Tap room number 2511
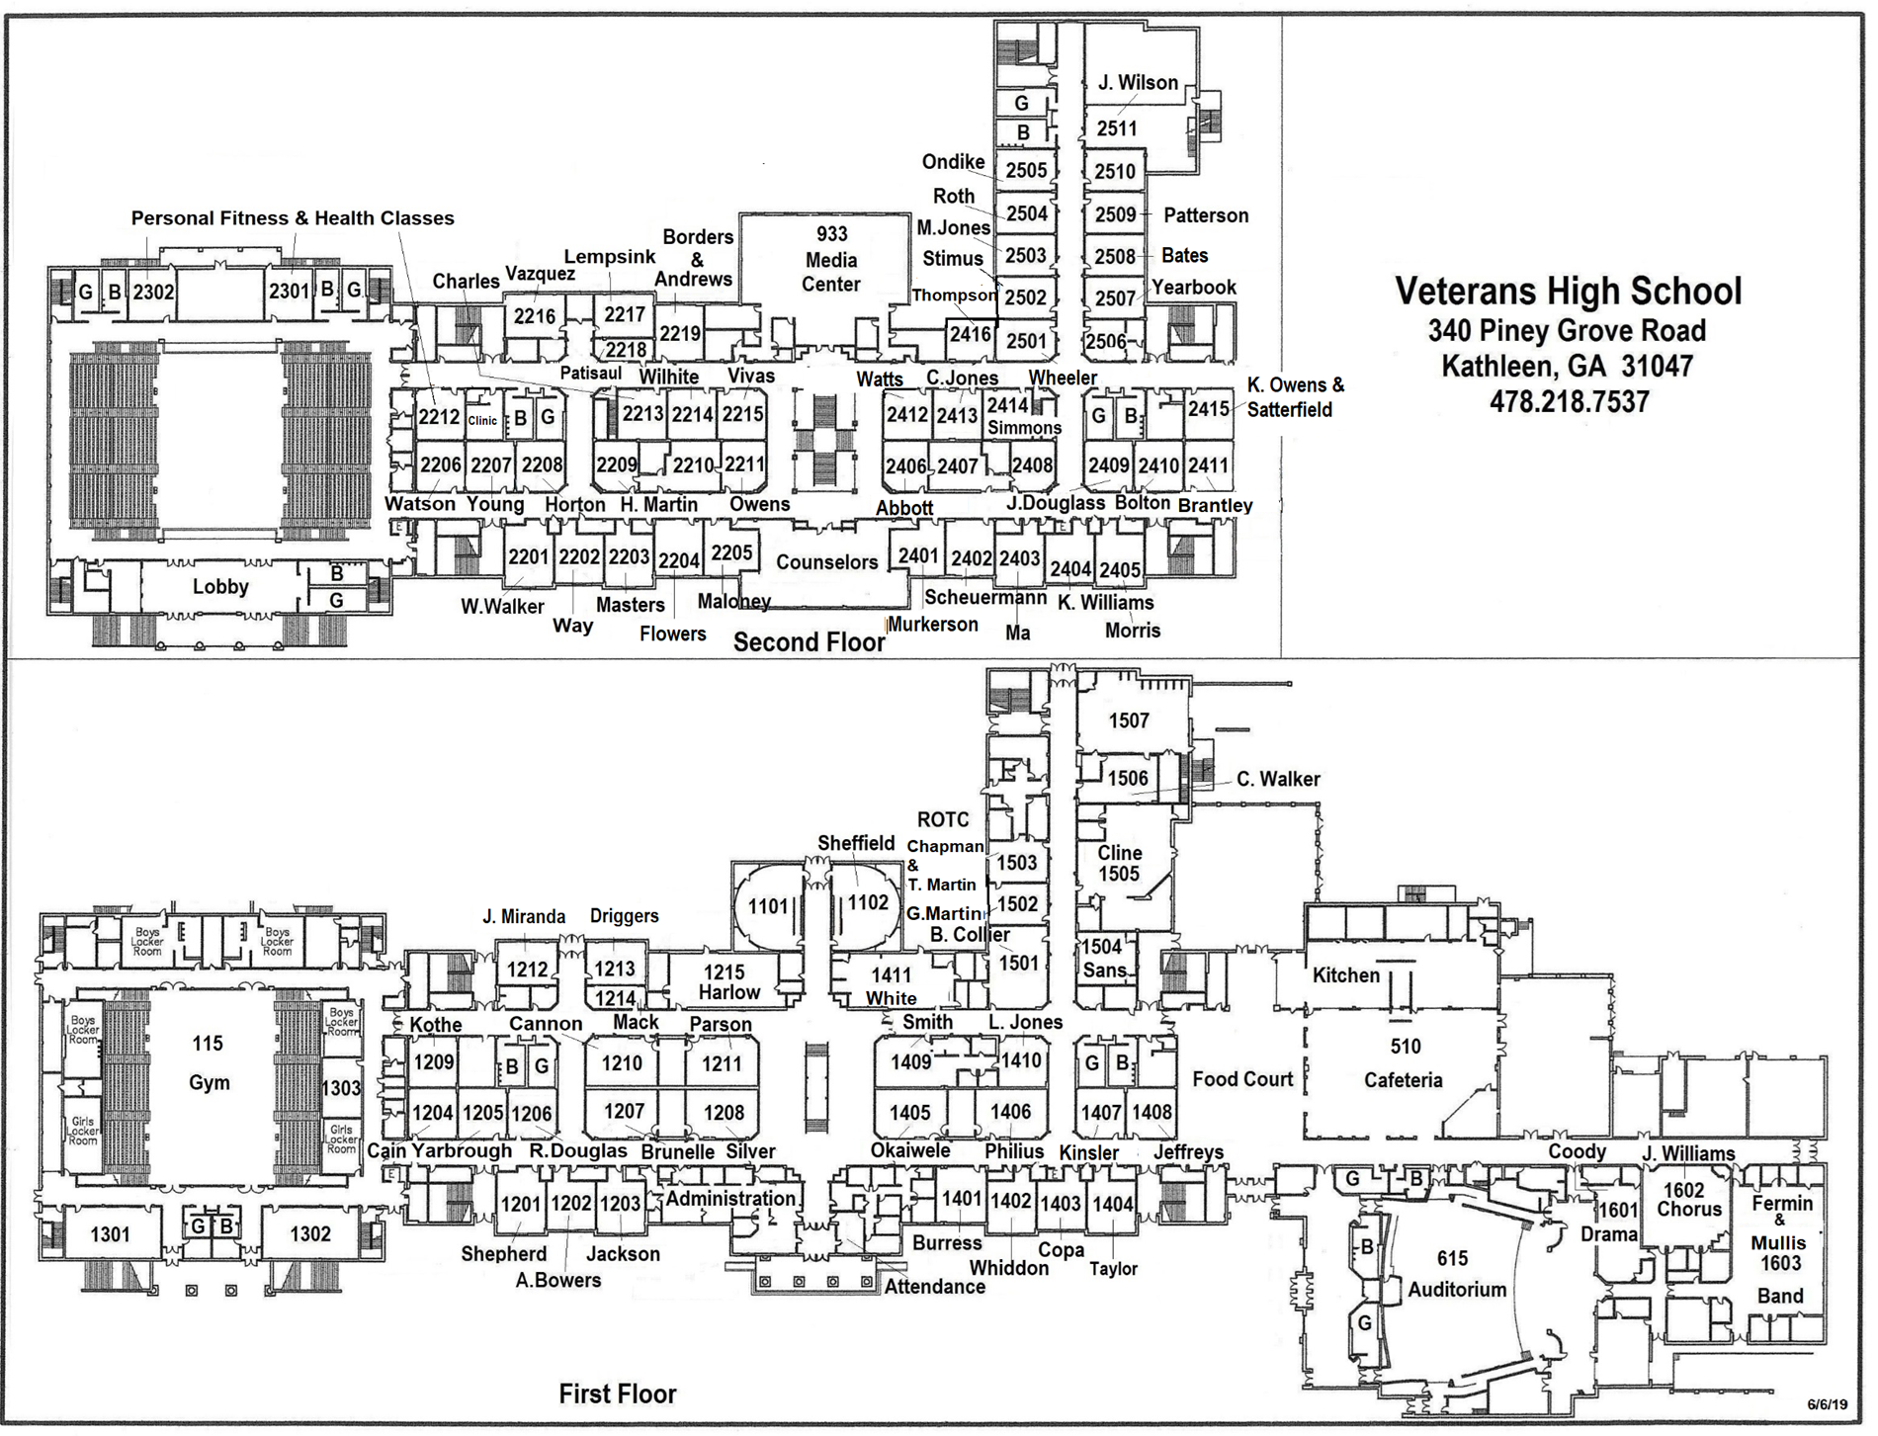pyautogui.click(x=1117, y=128)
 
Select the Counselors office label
pyautogui.click(x=826, y=562)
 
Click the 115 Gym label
pyautogui.click(x=209, y=1062)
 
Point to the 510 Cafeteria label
pyautogui.click(x=1404, y=1062)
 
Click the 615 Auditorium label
pyautogui.click(x=1456, y=1274)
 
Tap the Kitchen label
pyautogui.click(x=1345, y=975)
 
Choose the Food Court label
pyautogui.click(x=1241, y=1079)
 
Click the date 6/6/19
pyautogui.click(x=1827, y=1404)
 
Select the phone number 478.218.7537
pyautogui.click(x=1569, y=402)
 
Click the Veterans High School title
pyautogui.click(x=1568, y=291)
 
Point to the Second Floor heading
pyautogui.click(x=809, y=642)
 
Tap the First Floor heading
pyautogui.click(x=617, y=1394)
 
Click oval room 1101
pyautogui.click(x=768, y=906)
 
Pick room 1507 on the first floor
pyautogui.click(x=1129, y=720)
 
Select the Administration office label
pyautogui.click(x=729, y=1199)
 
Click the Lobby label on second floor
pyautogui.click(x=219, y=587)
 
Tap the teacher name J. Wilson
pyautogui.click(x=1138, y=83)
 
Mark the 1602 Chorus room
pyautogui.click(x=1689, y=1200)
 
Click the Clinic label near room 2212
pyautogui.click(x=482, y=421)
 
